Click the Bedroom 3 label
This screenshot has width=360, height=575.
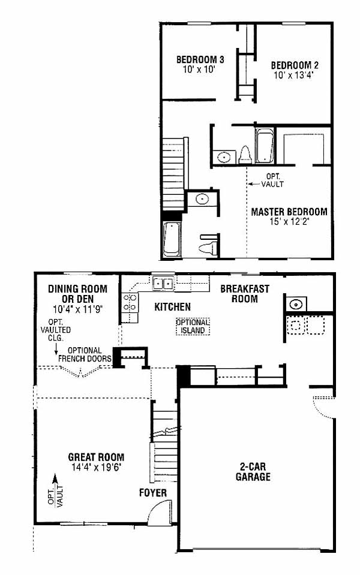click(200, 59)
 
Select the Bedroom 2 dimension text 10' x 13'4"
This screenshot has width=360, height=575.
click(295, 75)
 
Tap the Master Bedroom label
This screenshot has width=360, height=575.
click(289, 212)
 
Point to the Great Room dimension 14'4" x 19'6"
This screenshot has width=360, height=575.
click(96, 467)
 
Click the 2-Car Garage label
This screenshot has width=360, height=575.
click(253, 472)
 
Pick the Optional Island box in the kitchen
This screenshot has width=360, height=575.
click(193, 326)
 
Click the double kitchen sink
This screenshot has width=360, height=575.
click(163, 284)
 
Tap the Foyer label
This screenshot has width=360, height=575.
click(152, 493)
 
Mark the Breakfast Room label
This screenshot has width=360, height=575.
click(245, 294)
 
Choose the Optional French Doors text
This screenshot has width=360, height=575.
click(85, 354)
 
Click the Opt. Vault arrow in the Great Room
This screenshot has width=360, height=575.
click(55, 490)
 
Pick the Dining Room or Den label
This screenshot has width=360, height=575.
click(78, 294)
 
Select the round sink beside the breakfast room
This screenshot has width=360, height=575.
click(296, 304)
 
